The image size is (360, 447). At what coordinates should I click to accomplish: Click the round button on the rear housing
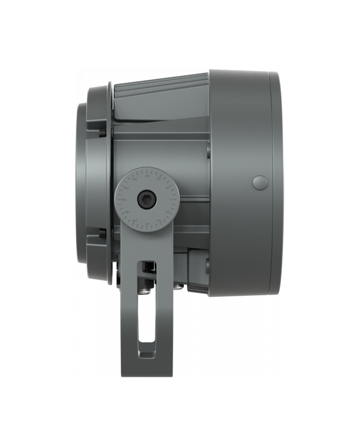[x=261, y=182]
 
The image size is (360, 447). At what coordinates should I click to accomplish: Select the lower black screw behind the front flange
[x=103, y=235]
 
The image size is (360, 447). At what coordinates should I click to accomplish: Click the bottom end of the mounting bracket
[x=147, y=370]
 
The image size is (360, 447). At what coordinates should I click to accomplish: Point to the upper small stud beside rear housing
[x=207, y=151]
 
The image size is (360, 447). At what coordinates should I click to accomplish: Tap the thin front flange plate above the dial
[x=110, y=129]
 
